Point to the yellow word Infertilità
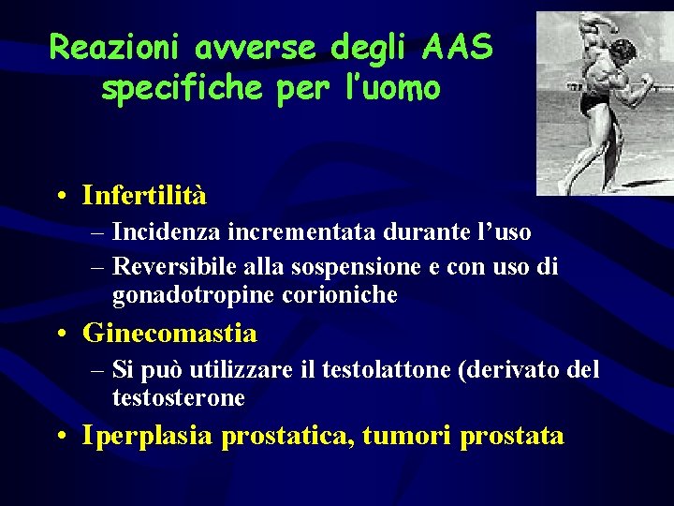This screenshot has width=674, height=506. pos(144,196)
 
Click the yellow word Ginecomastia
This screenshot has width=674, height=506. pos(169,333)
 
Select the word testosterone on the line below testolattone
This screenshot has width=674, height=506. pos(178,398)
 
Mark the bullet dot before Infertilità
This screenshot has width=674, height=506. pos(60,197)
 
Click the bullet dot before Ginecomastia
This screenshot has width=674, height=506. pos(60,334)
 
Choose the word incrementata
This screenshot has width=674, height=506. pos(300,231)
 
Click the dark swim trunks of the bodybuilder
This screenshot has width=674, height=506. pos(591,100)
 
